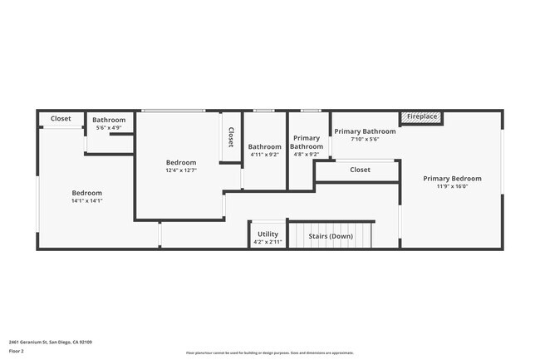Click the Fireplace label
coord(422,116)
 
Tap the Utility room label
coord(268,234)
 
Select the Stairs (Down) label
coord(331,236)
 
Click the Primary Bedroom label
coord(452,179)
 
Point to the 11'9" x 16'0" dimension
coord(452,186)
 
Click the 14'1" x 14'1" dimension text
coord(86,200)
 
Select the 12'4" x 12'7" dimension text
coord(181,170)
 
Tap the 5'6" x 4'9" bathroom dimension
coord(109,127)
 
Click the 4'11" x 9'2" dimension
coord(265,154)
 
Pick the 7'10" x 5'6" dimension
coord(365,140)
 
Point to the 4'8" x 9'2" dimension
coord(306,154)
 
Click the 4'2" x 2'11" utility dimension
coord(268,242)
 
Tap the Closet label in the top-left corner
coord(61,119)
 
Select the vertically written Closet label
coord(231,137)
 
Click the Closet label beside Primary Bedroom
coord(360,170)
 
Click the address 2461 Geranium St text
coord(50,342)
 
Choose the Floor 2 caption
coord(17,351)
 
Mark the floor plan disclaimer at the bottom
coord(270,353)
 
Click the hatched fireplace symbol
coord(406,117)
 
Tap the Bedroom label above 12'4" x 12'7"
coord(181,162)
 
